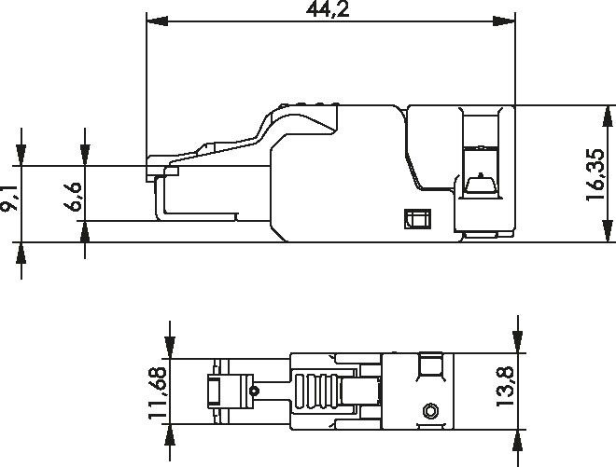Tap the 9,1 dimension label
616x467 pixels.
tap(9, 199)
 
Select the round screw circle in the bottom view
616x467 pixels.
tap(430, 410)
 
